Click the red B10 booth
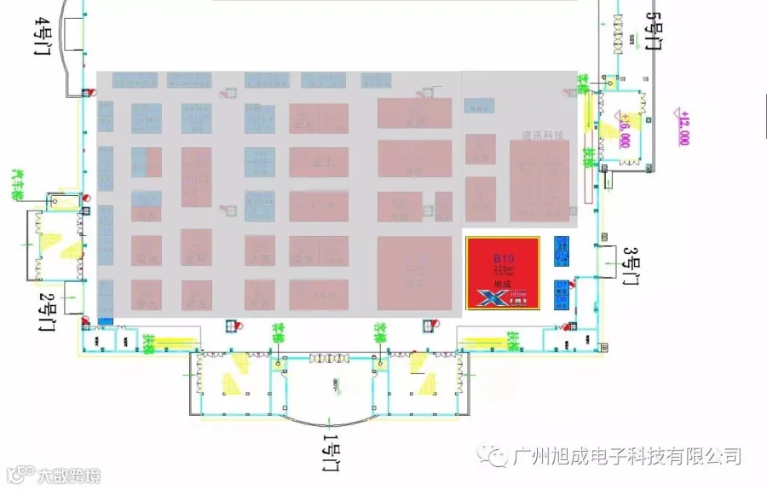[502, 273]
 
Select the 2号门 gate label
[48, 310]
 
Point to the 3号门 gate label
[631, 267]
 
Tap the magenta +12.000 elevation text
[683, 126]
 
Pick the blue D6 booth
[562, 248]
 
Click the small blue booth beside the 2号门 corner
[106, 320]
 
